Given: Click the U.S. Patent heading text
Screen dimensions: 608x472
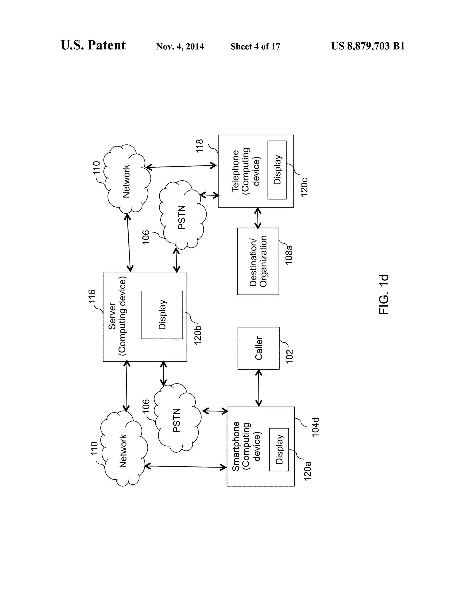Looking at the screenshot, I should (x=93, y=45).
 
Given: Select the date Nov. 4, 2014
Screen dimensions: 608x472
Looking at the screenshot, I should (x=180, y=46).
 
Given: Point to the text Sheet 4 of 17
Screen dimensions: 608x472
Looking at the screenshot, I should (x=255, y=46).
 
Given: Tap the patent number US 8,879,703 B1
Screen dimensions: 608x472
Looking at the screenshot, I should (x=368, y=46).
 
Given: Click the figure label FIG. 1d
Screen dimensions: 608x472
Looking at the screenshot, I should (x=384, y=295).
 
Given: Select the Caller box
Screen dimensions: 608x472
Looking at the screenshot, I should (x=258, y=348).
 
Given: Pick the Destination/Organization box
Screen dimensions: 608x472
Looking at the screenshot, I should (x=258, y=261).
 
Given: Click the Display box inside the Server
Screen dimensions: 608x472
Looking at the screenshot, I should (x=162, y=315).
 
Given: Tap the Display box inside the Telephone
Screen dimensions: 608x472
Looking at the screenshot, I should (x=277, y=170).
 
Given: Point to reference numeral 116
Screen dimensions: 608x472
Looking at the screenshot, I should (x=92, y=296).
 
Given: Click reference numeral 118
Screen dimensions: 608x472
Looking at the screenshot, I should (x=200, y=146).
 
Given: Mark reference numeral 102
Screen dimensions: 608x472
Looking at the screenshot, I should (x=289, y=356).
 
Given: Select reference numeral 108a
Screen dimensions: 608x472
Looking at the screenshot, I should (x=289, y=254).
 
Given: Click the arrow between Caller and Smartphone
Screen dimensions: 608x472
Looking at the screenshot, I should (x=259, y=388).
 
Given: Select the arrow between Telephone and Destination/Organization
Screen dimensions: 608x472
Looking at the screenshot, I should (x=258, y=218).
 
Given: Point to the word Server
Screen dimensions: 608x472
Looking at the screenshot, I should (x=112, y=316).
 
